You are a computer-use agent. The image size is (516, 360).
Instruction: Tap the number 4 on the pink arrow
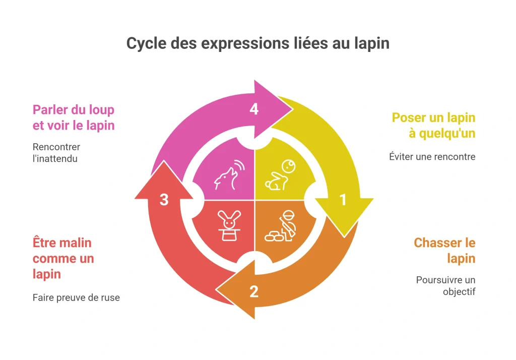tap(254, 109)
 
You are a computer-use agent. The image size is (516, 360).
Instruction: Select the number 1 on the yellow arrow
tap(343, 200)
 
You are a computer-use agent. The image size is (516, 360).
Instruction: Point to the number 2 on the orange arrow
tap(254, 291)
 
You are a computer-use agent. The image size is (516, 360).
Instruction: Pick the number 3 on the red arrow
tap(164, 200)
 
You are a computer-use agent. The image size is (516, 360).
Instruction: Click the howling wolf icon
tap(229, 174)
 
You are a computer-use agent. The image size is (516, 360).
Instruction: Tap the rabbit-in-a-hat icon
tap(229, 226)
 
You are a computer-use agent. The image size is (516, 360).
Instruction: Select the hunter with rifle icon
tap(280, 226)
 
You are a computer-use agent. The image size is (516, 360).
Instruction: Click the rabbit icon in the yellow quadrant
tap(280, 175)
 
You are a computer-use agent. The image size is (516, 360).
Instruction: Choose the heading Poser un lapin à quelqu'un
tap(433, 126)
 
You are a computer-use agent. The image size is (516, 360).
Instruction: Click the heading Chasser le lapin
tap(444, 251)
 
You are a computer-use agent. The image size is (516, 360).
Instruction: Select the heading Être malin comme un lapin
tap(63, 259)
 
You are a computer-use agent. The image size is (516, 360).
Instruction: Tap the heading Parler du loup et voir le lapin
tap(74, 117)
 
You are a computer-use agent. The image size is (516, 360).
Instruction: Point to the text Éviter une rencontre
tap(432, 156)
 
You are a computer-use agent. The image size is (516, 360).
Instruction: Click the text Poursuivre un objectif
tap(445, 286)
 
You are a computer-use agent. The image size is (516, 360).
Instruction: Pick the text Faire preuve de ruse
tap(76, 298)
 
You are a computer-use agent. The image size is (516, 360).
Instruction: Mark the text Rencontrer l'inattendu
tap(56, 153)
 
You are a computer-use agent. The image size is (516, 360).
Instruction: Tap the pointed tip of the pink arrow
tap(293, 108)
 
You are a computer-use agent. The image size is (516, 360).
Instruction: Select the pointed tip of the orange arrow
tap(216, 290)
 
